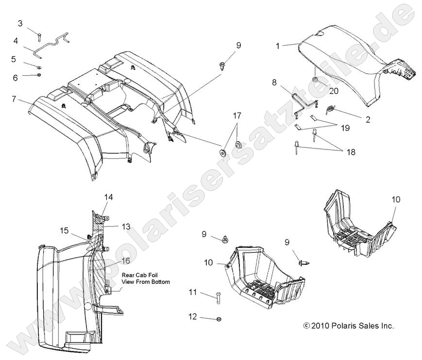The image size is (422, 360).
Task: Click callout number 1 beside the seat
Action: tap(277, 46)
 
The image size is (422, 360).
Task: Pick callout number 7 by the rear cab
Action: tap(15, 99)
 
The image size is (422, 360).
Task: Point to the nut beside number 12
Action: tap(218, 319)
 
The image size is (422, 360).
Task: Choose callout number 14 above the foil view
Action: tap(108, 197)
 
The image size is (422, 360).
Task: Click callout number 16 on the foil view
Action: tap(126, 261)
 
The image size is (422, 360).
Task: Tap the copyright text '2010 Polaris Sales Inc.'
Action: tap(352, 326)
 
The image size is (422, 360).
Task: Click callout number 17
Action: tap(236, 116)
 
